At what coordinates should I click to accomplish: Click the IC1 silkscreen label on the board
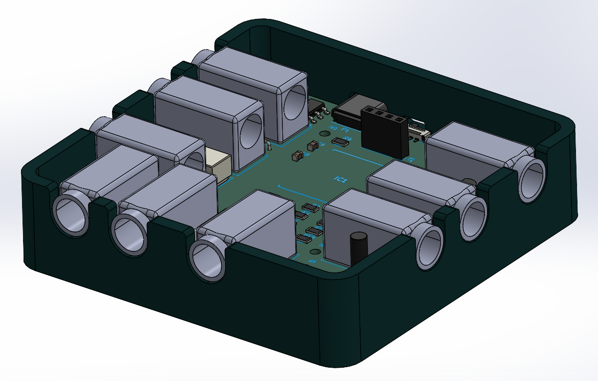pos(340,179)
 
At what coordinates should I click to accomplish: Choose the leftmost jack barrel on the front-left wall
pos(71,214)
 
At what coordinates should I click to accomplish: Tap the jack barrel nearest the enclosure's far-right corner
pos(531,180)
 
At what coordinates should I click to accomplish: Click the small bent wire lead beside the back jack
pos(268,146)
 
